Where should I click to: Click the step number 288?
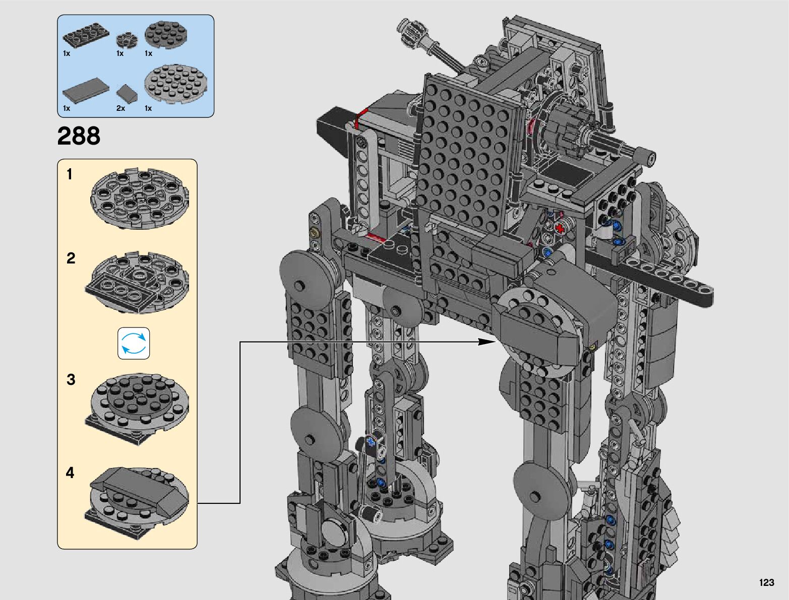[79, 136]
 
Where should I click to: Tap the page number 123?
[767, 582]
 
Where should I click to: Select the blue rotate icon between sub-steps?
[134, 343]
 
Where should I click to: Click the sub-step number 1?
[70, 174]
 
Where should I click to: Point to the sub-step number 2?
[71, 258]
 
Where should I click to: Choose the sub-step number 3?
[71, 379]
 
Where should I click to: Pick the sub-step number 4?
[70, 473]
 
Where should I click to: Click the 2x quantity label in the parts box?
[121, 108]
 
